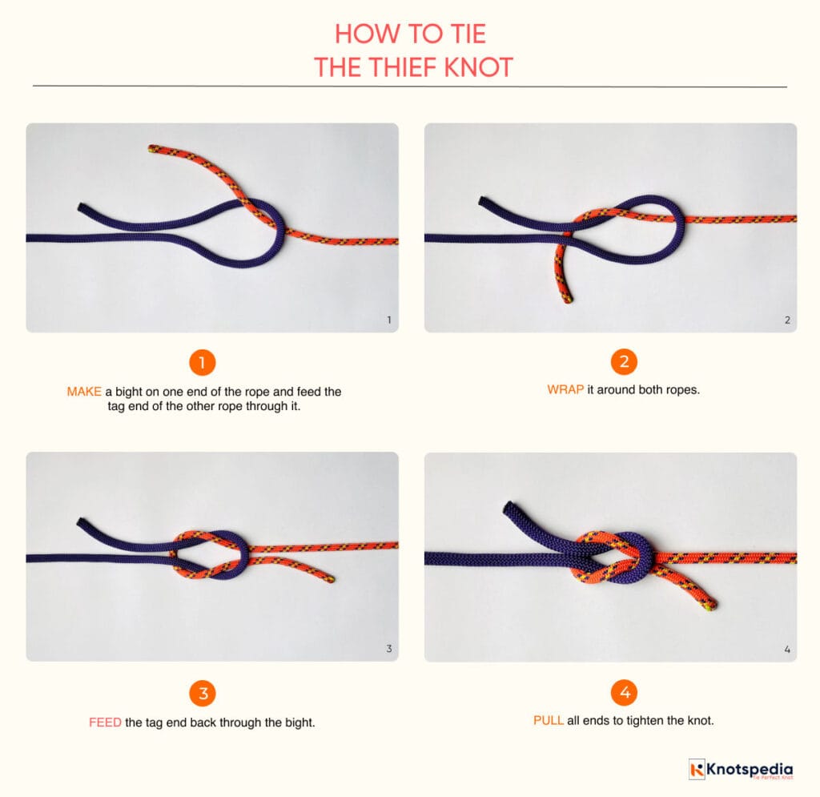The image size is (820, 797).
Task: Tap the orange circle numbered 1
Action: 203,363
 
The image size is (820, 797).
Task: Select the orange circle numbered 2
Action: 624,363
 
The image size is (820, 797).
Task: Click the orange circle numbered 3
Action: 203,692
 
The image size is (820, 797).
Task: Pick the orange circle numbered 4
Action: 624,692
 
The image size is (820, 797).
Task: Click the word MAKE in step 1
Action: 84,392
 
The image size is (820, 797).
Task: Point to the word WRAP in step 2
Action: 560,390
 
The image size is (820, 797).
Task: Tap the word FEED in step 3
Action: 105,722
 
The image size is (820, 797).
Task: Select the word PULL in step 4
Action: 549,720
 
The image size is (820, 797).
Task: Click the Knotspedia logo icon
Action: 697,770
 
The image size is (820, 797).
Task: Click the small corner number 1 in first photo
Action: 388,320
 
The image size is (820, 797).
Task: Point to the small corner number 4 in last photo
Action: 787,650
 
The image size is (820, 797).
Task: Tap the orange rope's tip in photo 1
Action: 152,148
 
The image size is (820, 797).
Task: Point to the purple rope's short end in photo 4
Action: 508,508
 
